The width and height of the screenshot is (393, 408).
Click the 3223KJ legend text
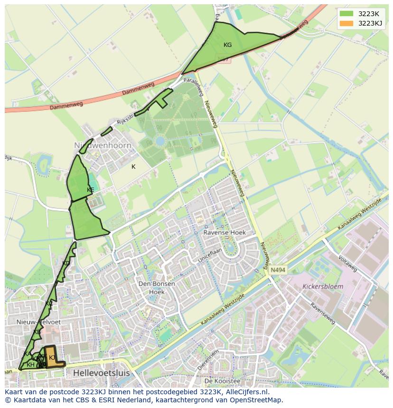click(x=371, y=23)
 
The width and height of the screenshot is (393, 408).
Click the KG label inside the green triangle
click(x=227, y=45)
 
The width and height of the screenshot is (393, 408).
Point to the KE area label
click(x=90, y=190)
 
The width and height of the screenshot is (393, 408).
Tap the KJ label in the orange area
click(x=52, y=357)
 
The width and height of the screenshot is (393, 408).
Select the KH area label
click(x=30, y=365)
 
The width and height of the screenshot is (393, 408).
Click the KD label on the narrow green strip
click(x=66, y=263)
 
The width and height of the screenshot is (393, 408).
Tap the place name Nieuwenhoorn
click(x=103, y=145)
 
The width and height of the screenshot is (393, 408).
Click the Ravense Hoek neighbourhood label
click(x=225, y=233)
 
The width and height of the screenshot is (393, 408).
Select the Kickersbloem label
click(x=323, y=287)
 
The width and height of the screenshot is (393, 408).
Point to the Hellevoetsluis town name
click(x=101, y=373)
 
